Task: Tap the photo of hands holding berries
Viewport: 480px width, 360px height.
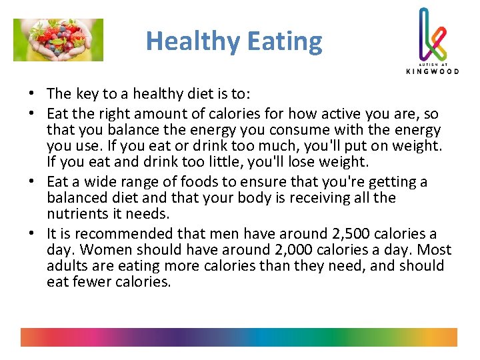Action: (59, 40)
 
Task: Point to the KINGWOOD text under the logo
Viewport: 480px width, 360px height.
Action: (432, 71)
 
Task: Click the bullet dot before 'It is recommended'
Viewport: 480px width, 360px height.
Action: (32, 234)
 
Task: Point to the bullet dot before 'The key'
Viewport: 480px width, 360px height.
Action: (32, 93)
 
